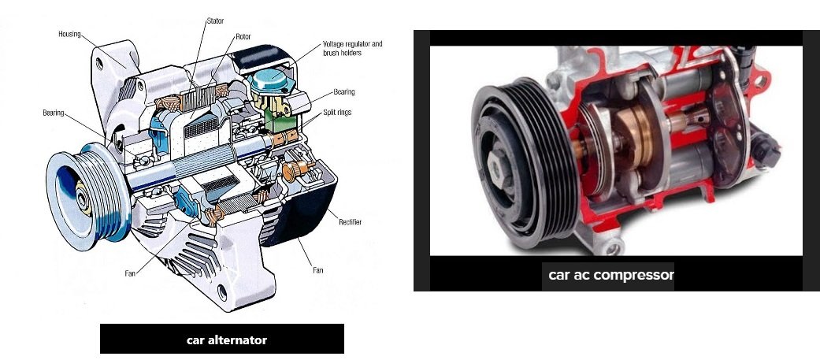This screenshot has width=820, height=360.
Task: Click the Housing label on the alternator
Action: (69, 34)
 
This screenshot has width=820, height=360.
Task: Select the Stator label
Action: (215, 21)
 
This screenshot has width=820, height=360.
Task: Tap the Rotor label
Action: (243, 36)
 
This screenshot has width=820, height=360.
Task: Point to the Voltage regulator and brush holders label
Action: (352, 48)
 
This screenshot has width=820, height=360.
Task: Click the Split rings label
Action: (337, 112)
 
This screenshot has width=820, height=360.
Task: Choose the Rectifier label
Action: (350, 222)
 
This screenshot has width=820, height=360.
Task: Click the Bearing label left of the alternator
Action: (54, 113)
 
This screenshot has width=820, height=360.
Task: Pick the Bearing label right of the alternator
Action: (344, 92)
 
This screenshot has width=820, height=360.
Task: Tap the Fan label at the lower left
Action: (130, 273)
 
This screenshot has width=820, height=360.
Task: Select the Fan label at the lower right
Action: (317, 270)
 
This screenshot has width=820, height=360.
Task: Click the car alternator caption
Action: (226, 340)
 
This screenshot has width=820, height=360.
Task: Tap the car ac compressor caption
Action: (611, 275)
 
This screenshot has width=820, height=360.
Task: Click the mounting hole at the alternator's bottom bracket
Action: (222, 292)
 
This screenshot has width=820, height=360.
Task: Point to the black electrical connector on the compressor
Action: (766, 148)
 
